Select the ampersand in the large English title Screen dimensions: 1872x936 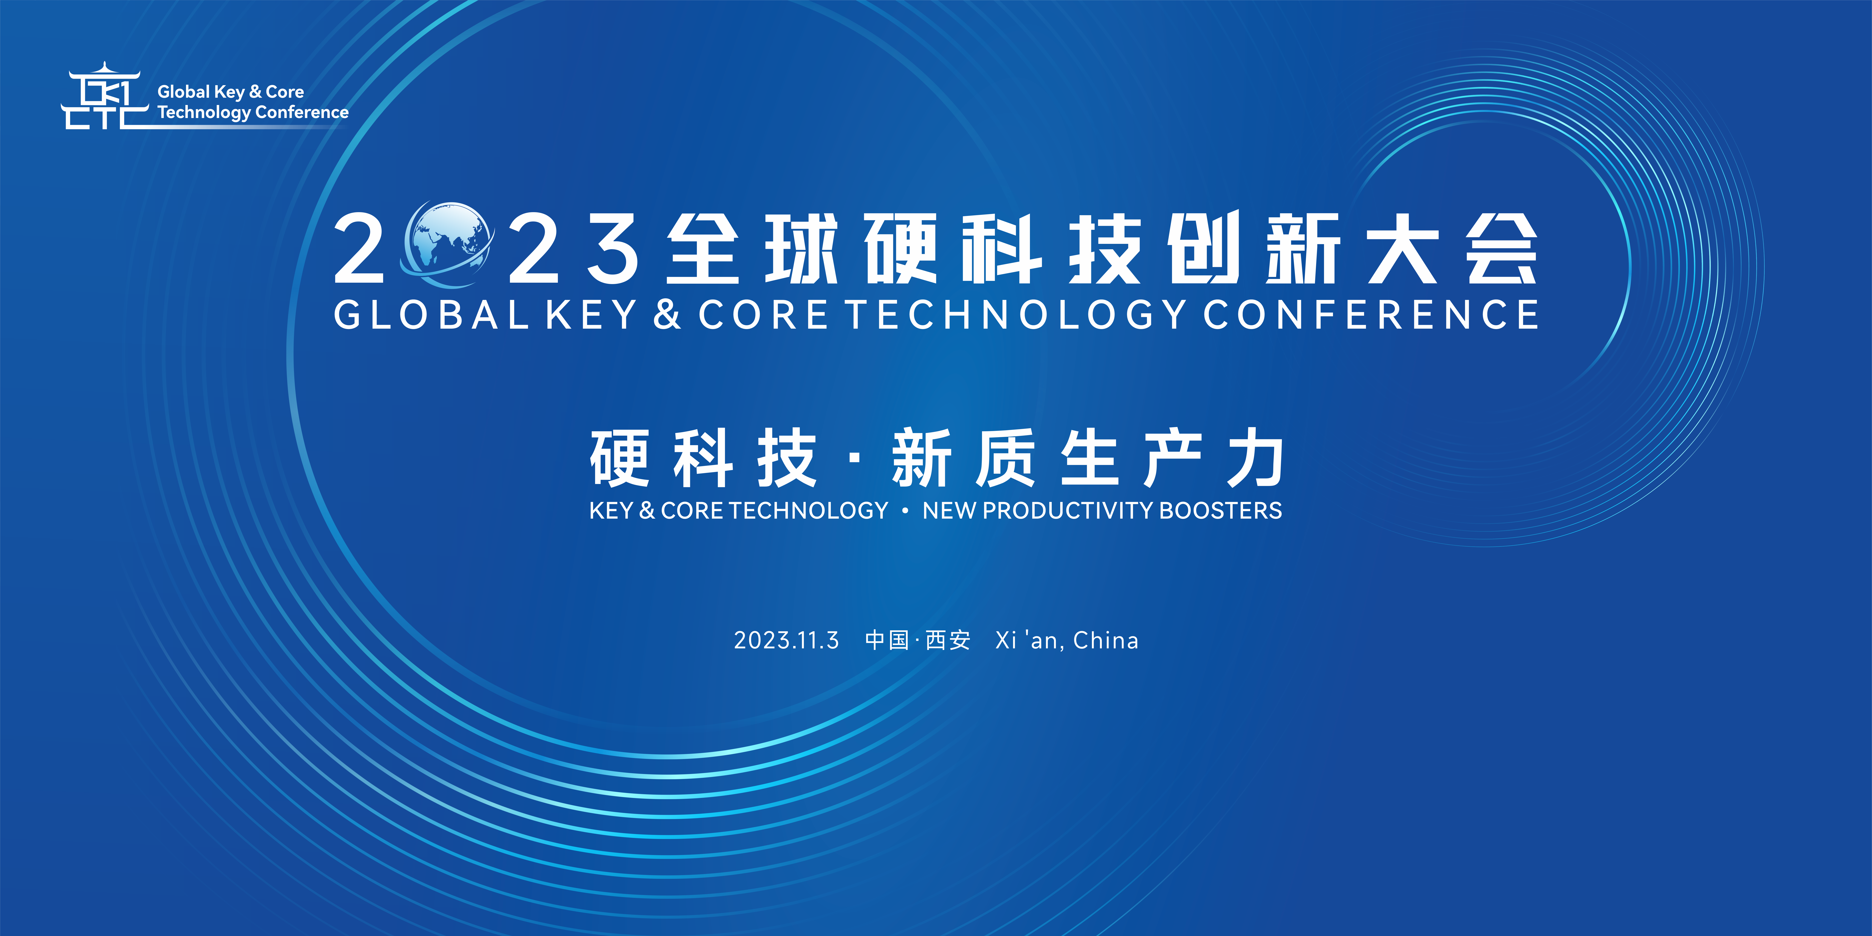(x=666, y=315)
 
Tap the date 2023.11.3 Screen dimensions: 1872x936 (x=786, y=640)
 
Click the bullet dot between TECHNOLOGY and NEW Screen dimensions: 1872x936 (x=905, y=511)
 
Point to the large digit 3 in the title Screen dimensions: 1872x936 (x=613, y=249)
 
